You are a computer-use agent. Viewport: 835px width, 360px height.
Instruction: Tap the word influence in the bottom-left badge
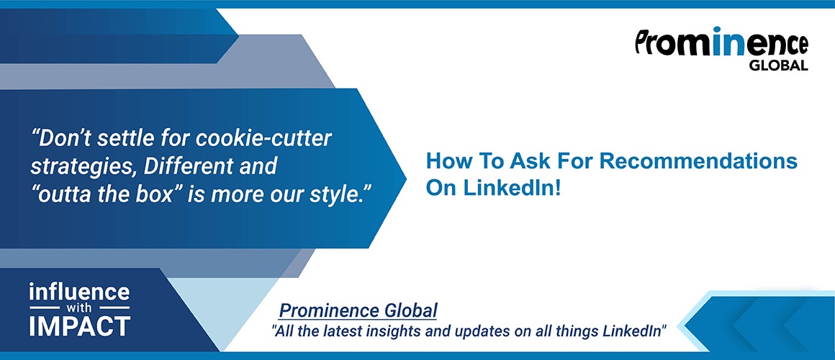point(79,292)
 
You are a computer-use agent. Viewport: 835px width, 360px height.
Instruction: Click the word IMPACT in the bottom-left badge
point(79,326)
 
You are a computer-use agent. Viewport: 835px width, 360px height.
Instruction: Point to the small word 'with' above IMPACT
point(79,308)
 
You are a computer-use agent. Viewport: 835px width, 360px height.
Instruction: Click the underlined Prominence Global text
point(358,310)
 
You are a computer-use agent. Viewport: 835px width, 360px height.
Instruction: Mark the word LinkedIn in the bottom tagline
point(631,330)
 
